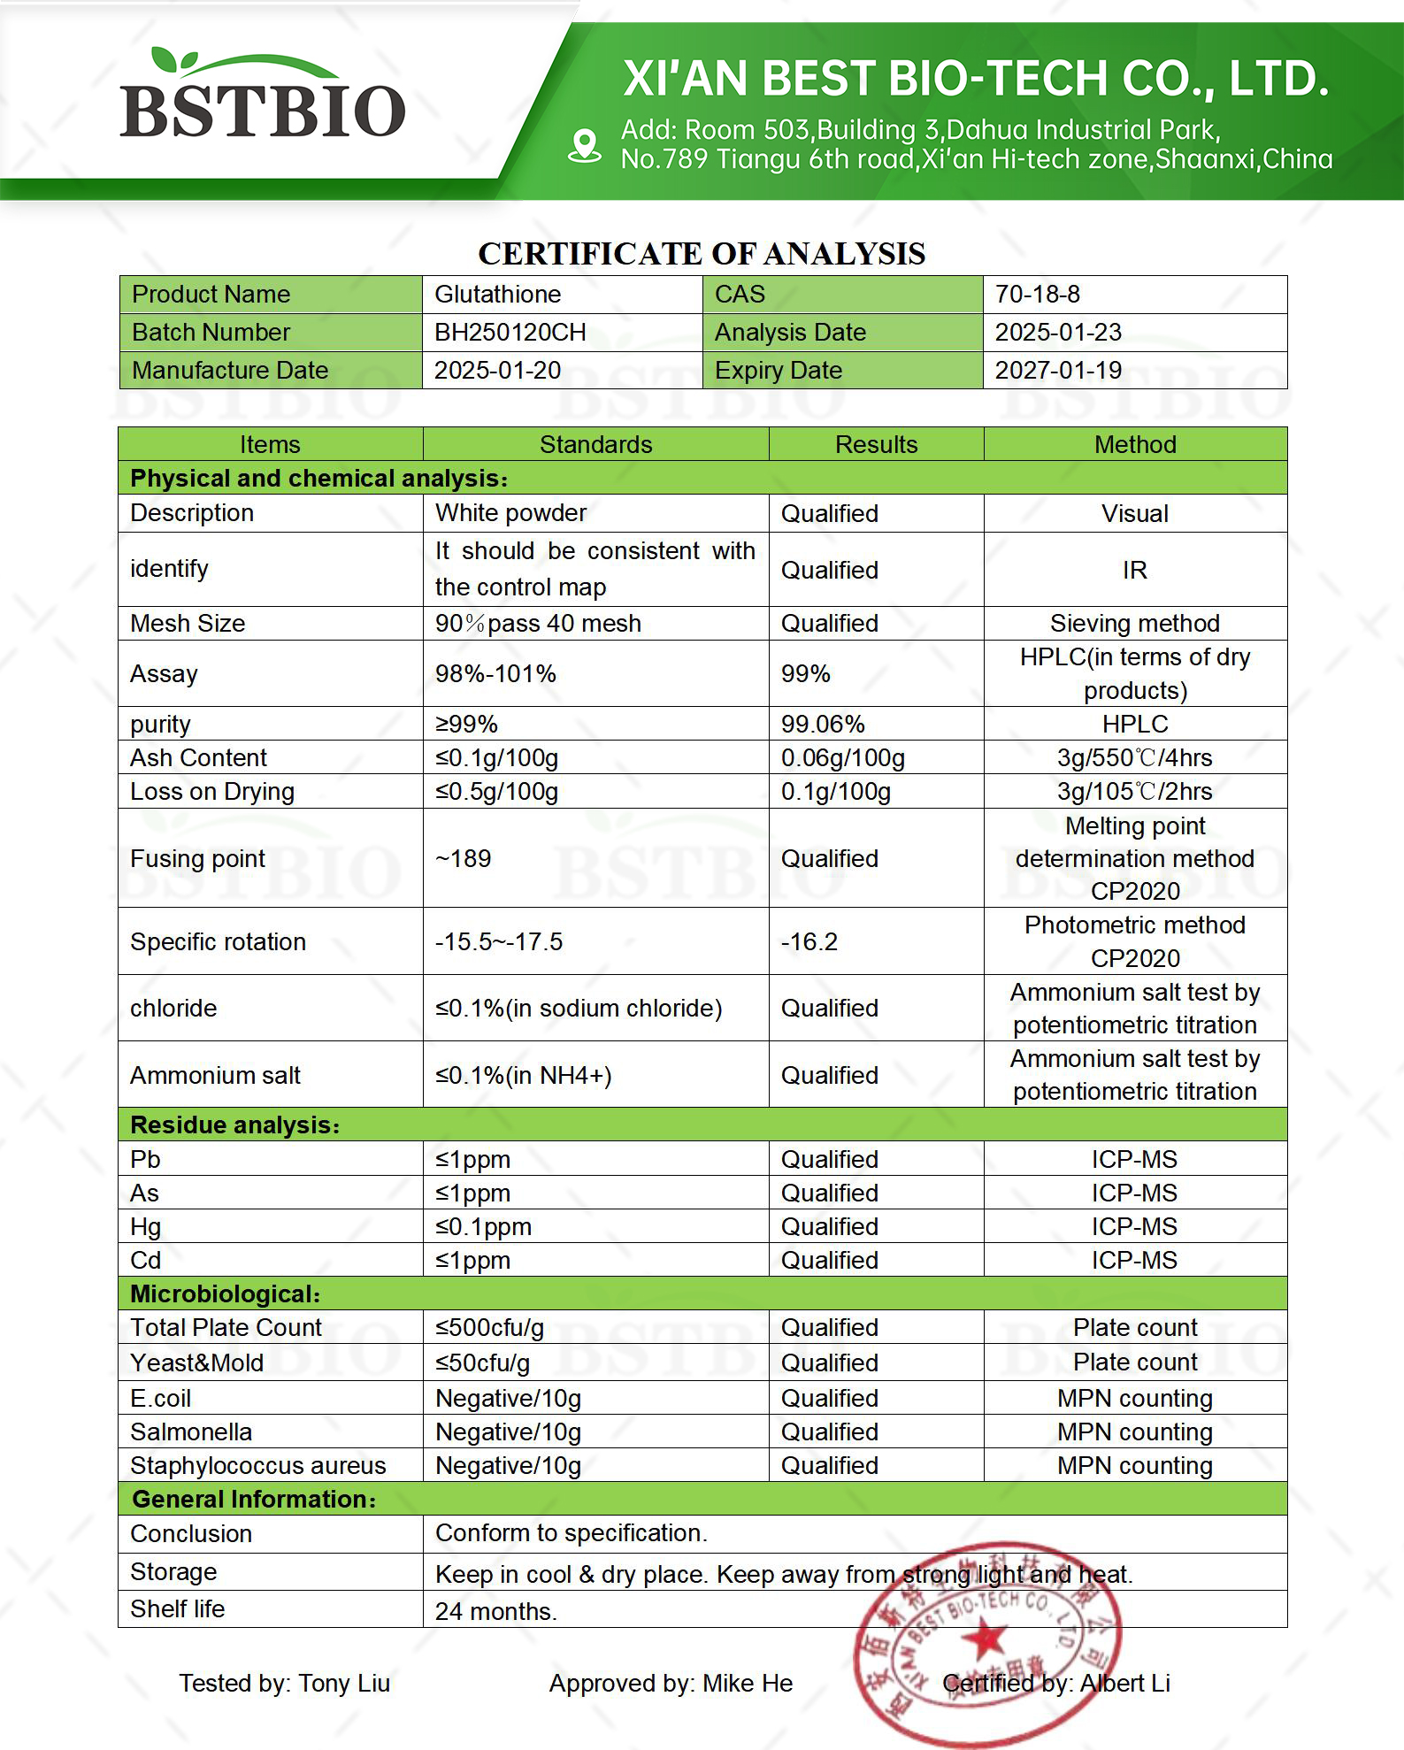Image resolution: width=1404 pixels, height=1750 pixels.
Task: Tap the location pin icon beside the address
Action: pyautogui.click(x=585, y=145)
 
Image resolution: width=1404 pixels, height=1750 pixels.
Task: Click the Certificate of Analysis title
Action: pyautogui.click(x=702, y=254)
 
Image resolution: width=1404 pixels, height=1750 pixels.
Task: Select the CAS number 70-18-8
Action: pyautogui.click(x=1037, y=294)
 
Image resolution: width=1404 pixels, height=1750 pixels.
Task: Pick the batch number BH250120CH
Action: pyautogui.click(x=510, y=332)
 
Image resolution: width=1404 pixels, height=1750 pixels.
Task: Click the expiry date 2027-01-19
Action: pyautogui.click(x=1058, y=370)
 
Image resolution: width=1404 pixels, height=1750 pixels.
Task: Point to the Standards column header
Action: pyautogui.click(x=595, y=444)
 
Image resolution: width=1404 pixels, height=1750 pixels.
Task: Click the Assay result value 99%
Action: pyautogui.click(x=805, y=673)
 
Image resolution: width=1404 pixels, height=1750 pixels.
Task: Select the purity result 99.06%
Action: pyautogui.click(x=822, y=724)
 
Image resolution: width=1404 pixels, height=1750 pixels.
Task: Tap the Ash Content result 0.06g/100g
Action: pyautogui.click(x=842, y=757)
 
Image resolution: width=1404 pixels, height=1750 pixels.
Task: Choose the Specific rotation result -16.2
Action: pyautogui.click(x=809, y=941)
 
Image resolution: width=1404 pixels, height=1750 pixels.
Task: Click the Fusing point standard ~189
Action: pyautogui.click(x=463, y=858)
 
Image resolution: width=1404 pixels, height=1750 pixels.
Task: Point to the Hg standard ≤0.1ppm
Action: pyautogui.click(x=483, y=1226)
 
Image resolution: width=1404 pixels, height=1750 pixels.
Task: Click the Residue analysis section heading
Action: pyautogui.click(x=234, y=1124)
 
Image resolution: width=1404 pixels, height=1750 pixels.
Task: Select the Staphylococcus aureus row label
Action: pyautogui.click(x=257, y=1465)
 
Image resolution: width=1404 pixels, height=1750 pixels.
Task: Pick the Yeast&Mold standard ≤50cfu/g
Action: pyautogui.click(x=482, y=1362)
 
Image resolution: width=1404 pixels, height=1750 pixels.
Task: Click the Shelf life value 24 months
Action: pyautogui.click(x=495, y=1611)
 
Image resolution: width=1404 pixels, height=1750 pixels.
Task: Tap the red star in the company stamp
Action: pyautogui.click(x=984, y=1642)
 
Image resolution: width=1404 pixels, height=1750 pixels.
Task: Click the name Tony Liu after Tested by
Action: pyautogui.click(x=344, y=1683)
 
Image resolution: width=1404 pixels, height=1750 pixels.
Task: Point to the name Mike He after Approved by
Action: pyautogui.click(x=748, y=1683)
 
